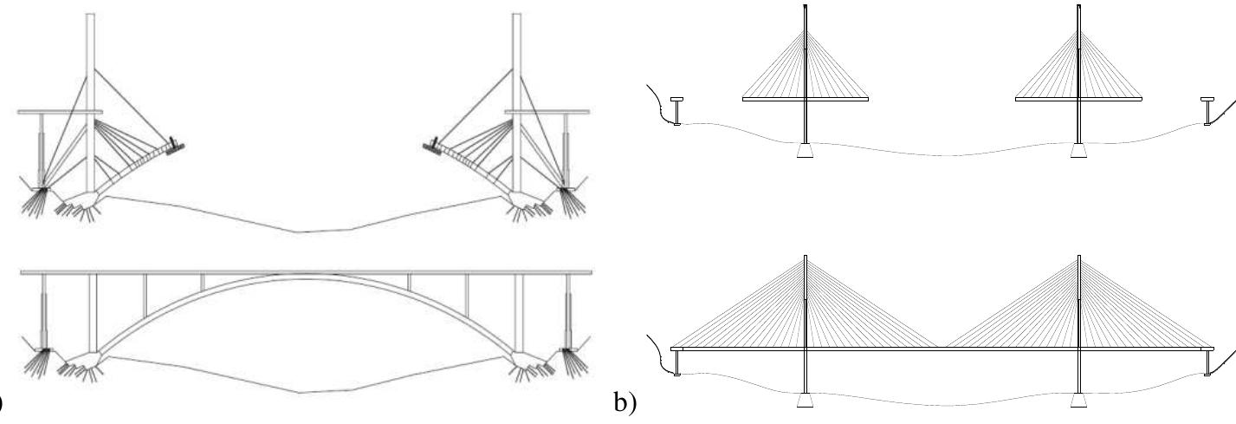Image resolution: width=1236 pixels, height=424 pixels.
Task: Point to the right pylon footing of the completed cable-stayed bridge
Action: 1078,401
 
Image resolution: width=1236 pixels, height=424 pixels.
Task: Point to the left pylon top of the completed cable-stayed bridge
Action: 806,258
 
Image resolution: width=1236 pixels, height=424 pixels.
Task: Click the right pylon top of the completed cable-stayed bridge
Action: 1079,258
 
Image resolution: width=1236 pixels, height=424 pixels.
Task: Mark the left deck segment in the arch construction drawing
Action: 60,112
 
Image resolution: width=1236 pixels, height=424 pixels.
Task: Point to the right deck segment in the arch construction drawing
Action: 547,112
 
